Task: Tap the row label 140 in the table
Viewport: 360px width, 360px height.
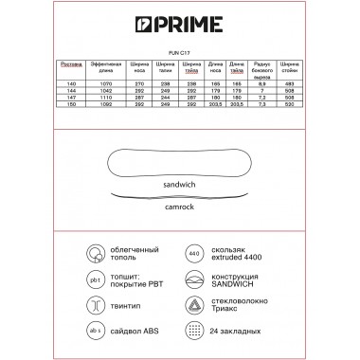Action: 71,83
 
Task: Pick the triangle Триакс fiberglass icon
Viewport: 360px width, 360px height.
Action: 194,305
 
